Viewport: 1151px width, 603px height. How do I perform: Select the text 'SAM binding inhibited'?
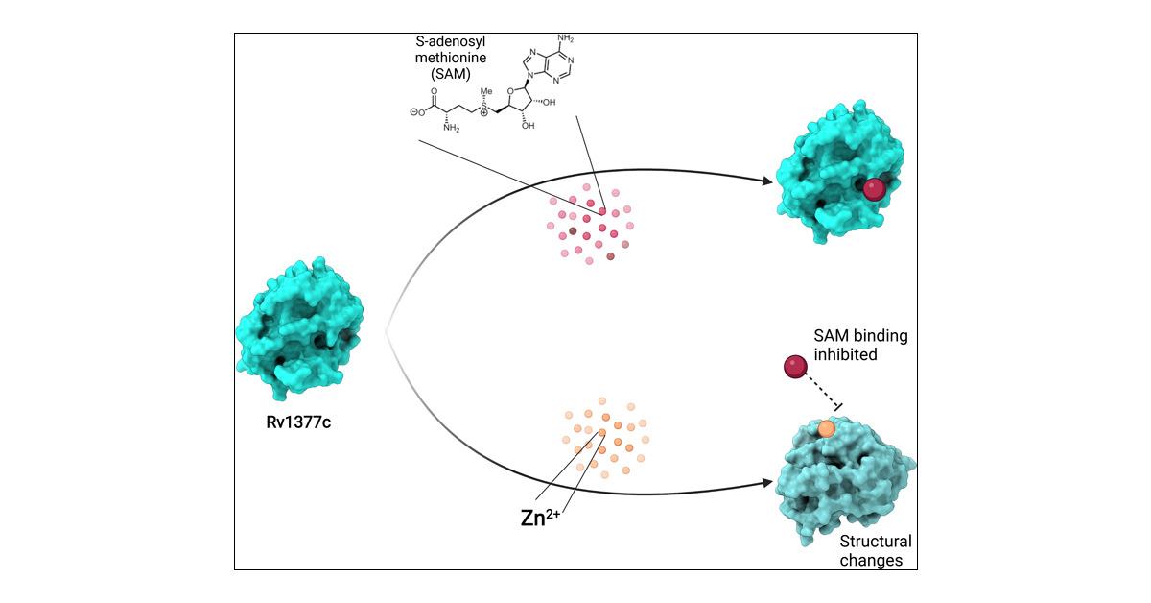click(854, 346)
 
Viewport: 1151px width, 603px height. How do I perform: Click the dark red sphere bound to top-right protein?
click(874, 189)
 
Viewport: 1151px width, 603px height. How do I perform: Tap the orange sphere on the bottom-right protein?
click(827, 428)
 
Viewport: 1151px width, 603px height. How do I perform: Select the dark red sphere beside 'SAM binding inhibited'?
click(795, 367)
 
